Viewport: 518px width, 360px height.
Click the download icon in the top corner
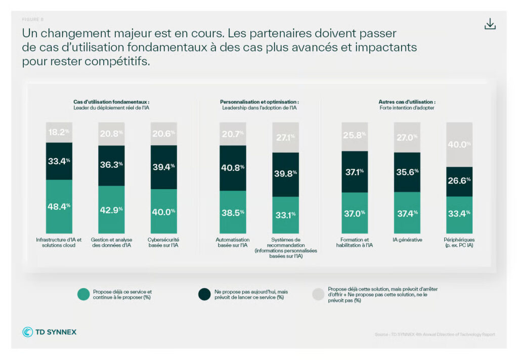tap(490, 24)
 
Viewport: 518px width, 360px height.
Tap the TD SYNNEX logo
tap(50, 332)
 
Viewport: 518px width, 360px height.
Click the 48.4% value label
tap(59, 206)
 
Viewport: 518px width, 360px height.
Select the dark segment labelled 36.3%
tap(111, 165)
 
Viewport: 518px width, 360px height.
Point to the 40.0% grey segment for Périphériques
tap(459, 144)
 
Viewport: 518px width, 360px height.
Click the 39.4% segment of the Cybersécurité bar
tap(164, 167)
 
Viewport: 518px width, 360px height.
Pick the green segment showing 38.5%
tap(233, 212)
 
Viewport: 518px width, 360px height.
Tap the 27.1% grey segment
tap(286, 137)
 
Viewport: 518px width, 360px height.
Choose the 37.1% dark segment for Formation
tap(354, 172)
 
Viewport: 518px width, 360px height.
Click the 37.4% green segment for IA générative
tap(407, 213)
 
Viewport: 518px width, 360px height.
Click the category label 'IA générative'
tap(407, 240)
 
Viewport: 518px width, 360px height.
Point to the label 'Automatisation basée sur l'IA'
tap(233, 243)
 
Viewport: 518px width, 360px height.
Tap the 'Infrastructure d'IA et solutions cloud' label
tap(59, 243)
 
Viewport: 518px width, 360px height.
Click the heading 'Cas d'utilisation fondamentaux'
tap(111, 102)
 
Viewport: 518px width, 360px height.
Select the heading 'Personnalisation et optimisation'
tap(259, 102)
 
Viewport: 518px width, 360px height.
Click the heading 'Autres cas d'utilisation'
tap(407, 102)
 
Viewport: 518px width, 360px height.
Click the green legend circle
tap(83, 294)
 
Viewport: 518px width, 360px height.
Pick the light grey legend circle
tap(318, 294)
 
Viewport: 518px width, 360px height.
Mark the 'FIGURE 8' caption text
tap(33, 20)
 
